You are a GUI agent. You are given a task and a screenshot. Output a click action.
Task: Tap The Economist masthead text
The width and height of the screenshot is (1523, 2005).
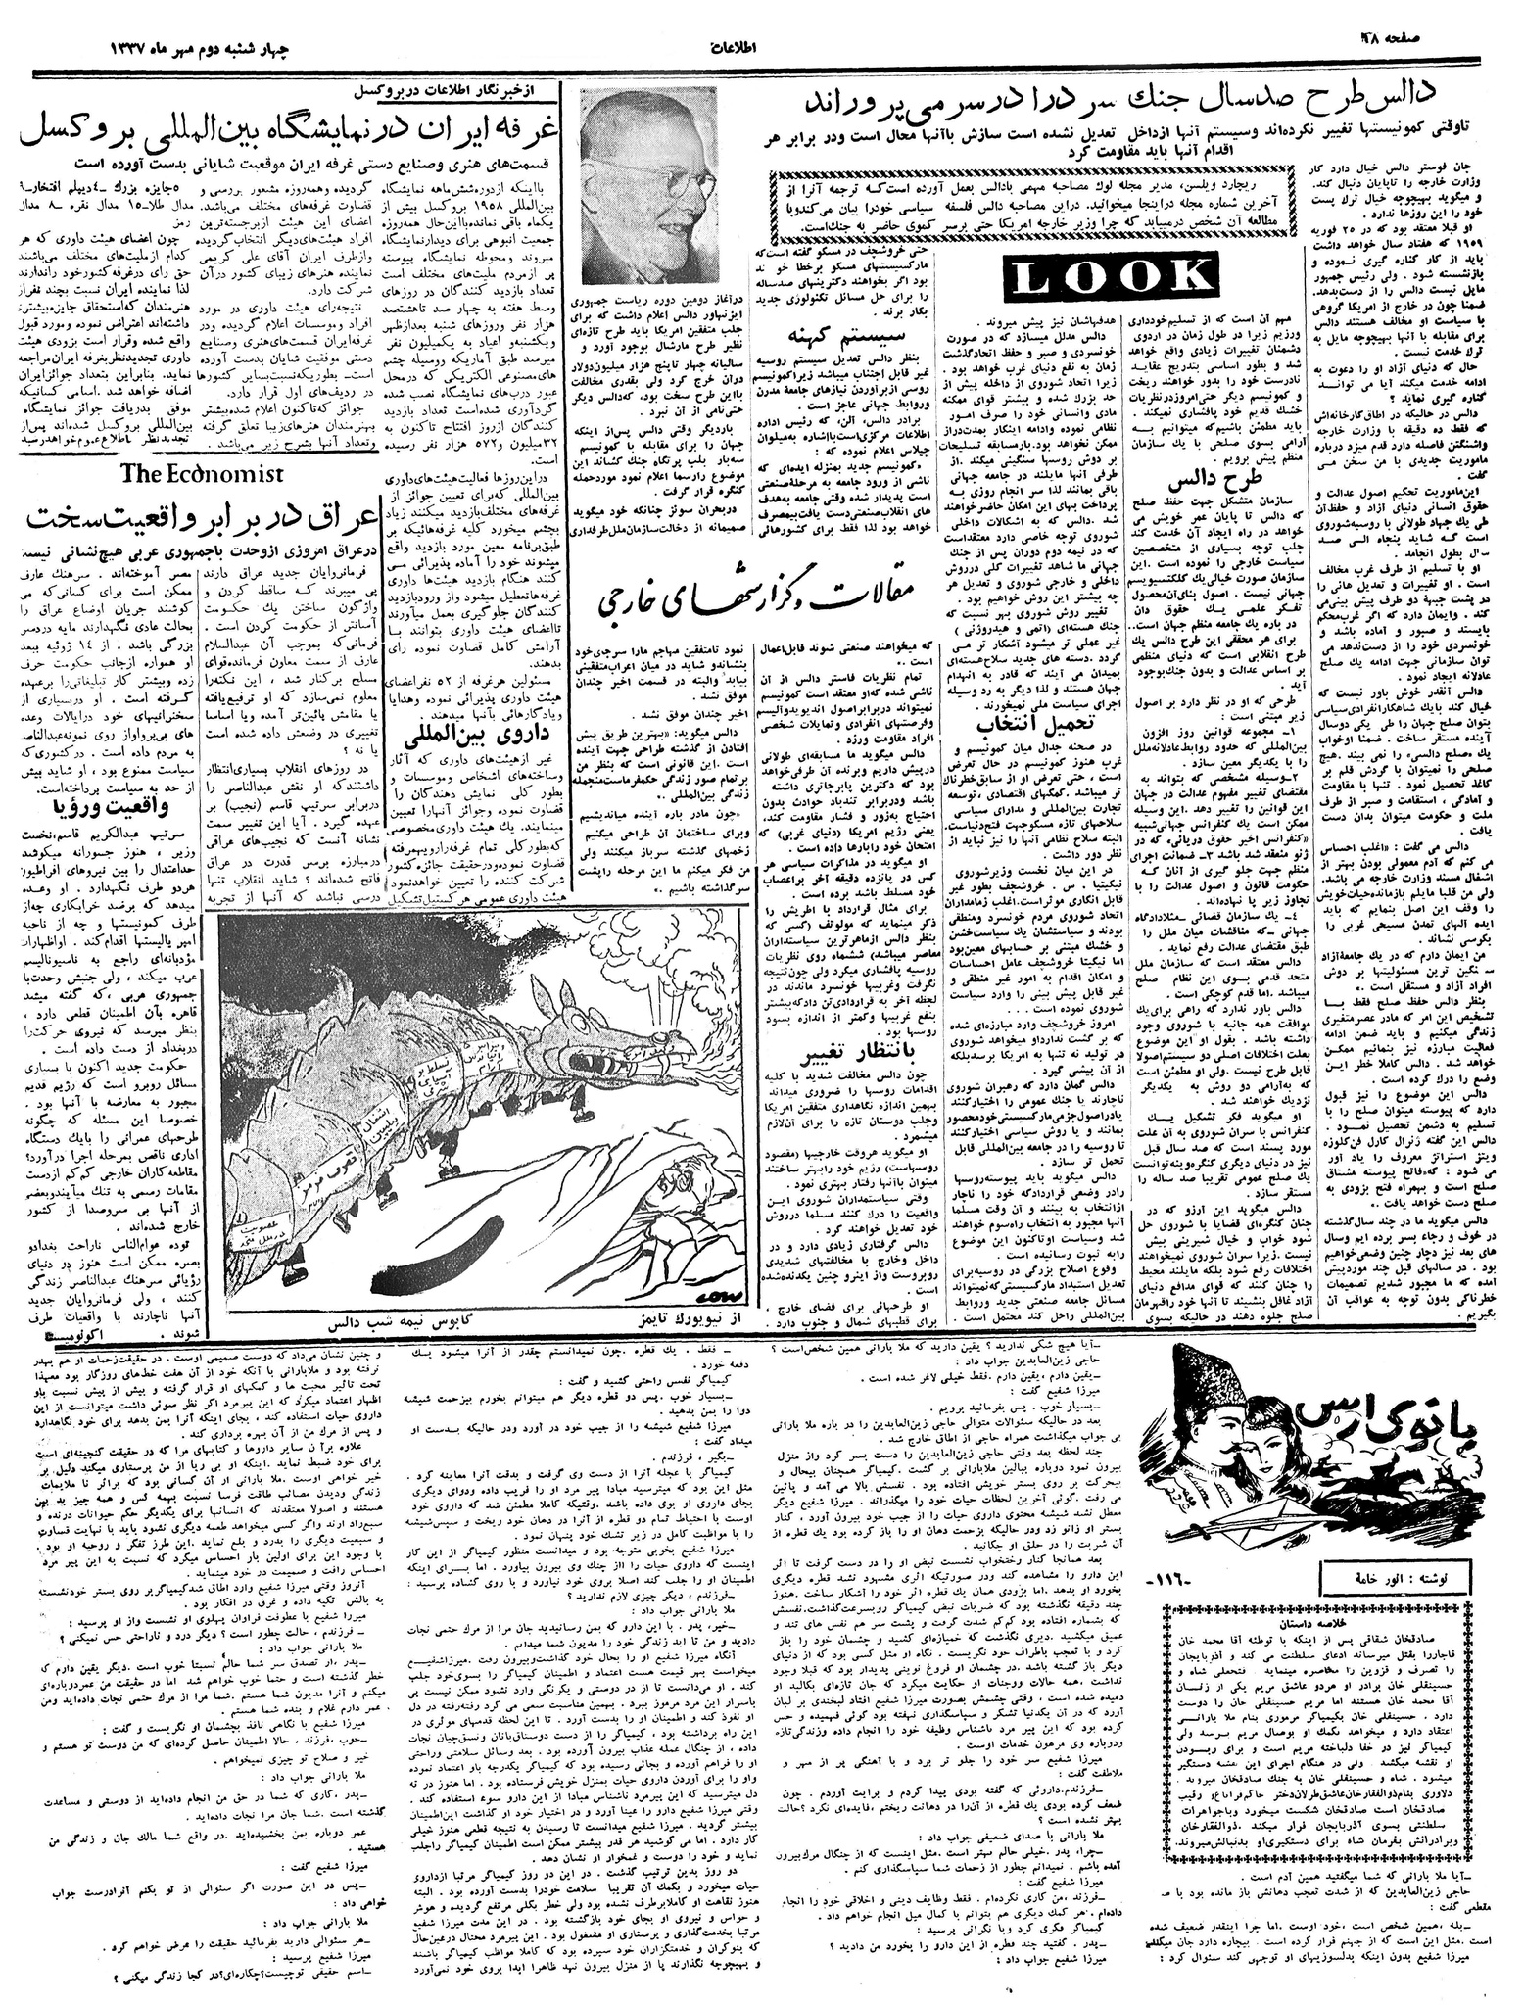tap(202, 473)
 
